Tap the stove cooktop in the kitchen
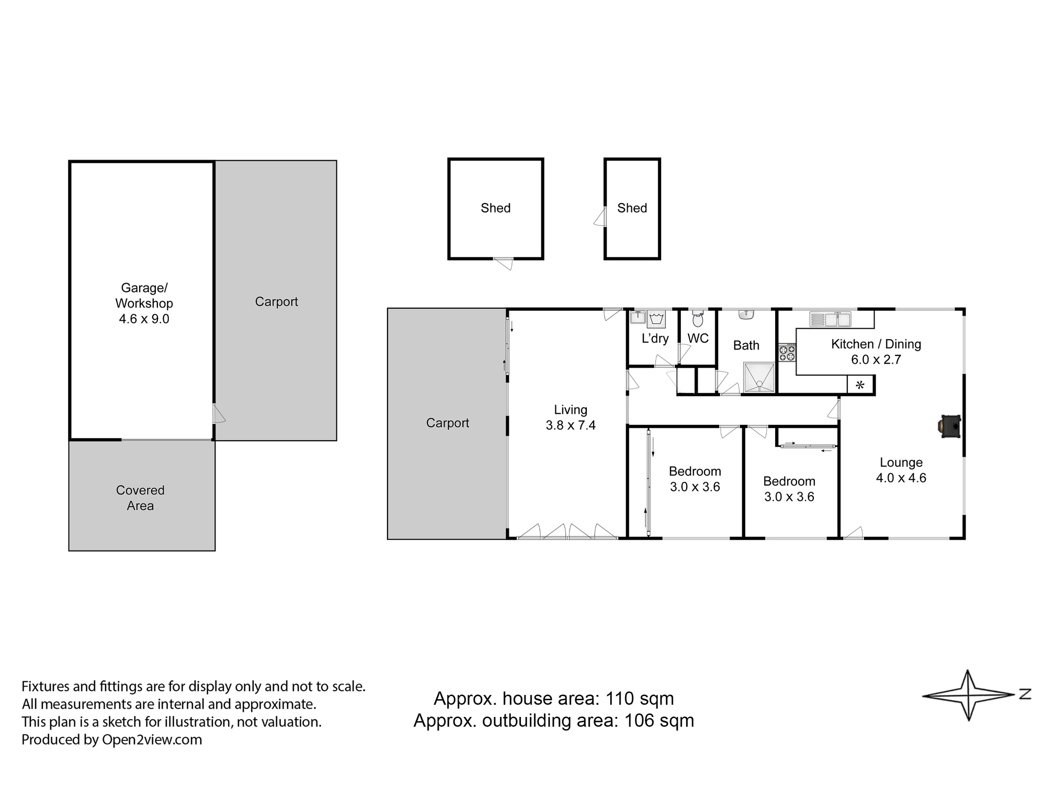coord(787,353)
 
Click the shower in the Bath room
coord(759,377)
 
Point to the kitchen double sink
coord(830,319)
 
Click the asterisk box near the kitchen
coord(860,386)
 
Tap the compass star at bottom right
coord(969,695)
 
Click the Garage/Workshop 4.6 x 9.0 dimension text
coord(144,319)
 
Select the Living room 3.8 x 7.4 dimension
coord(571,425)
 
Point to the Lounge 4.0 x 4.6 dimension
coord(901,478)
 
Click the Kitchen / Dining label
coord(876,344)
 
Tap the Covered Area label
coord(140,498)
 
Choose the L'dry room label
coord(655,339)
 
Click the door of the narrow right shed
coord(600,217)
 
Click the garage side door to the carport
coord(219,413)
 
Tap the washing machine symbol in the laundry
coord(656,319)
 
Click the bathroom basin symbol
coord(746,315)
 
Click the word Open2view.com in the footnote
coord(152,739)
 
